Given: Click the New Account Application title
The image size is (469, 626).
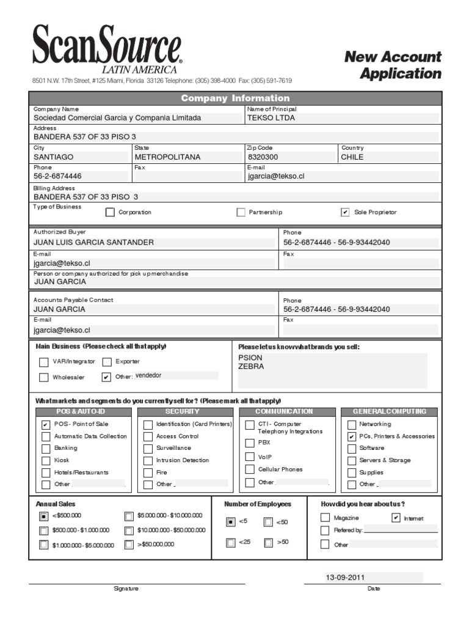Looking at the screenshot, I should [x=393, y=65].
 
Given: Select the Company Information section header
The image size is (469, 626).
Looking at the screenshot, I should [x=235, y=98].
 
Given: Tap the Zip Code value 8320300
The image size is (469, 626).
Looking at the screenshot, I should [x=263, y=157].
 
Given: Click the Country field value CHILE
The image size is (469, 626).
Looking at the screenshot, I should [x=352, y=157].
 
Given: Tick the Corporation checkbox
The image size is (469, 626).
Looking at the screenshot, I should [x=110, y=213].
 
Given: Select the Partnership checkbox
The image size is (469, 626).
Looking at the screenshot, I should [x=241, y=213].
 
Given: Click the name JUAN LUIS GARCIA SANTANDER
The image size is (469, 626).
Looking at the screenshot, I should [x=93, y=242].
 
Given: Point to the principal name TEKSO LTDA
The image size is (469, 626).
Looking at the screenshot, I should [x=271, y=118].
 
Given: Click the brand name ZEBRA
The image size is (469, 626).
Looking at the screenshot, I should [x=251, y=367].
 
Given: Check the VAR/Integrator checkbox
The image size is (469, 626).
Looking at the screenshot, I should [x=44, y=362].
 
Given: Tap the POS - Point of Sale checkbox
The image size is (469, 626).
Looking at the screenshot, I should [x=46, y=424].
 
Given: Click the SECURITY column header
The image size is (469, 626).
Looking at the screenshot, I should [x=182, y=411].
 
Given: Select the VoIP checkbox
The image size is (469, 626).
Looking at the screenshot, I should [x=250, y=457].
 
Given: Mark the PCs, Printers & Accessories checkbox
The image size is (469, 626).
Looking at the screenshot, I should [x=351, y=436].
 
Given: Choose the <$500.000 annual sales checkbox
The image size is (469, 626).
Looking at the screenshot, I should [x=44, y=516].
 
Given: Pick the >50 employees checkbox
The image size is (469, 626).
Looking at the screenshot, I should [x=269, y=542].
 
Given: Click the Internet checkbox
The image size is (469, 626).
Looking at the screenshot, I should [x=396, y=518].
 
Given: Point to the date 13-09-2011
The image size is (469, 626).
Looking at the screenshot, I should [x=346, y=577].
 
